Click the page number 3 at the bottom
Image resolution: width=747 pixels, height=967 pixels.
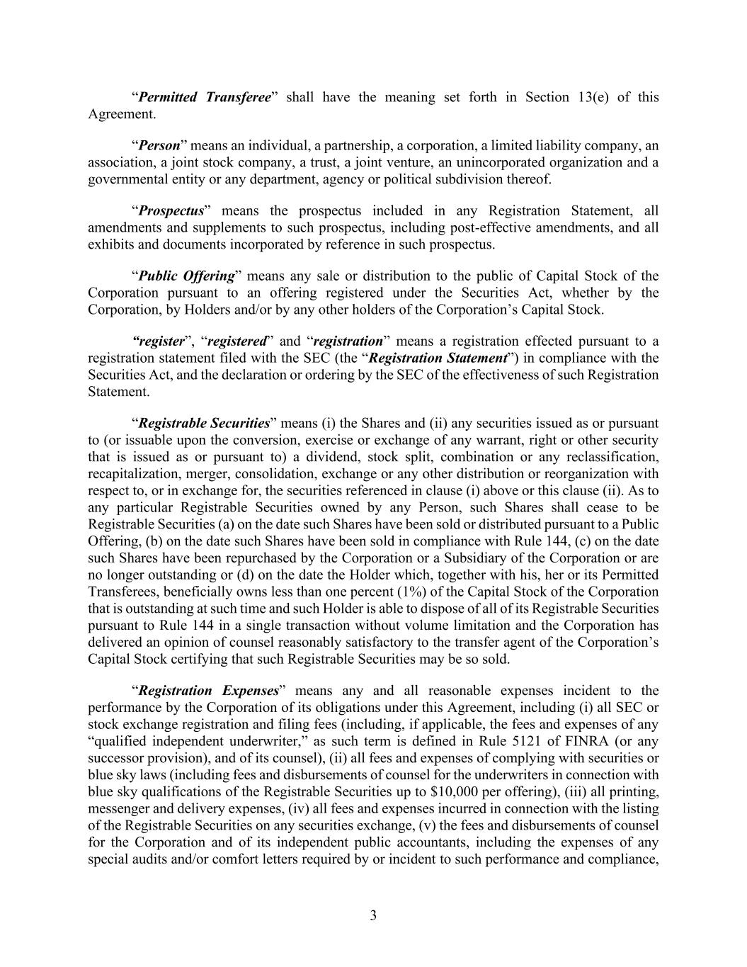[x=373, y=915]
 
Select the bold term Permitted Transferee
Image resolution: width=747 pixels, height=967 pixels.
[x=204, y=97]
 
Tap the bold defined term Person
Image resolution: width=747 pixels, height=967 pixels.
[x=159, y=146]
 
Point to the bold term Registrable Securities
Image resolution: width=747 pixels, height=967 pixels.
[x=204, y=424]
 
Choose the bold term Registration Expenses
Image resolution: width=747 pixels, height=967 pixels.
[x=208, y=691]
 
